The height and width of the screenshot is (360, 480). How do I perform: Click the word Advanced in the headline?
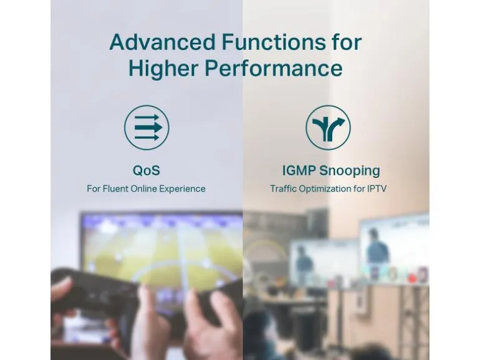click(x=162, y=42)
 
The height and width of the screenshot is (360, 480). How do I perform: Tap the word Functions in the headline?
click(x=274, y=42)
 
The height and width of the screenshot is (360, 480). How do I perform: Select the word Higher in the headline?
click(x=163, y=69)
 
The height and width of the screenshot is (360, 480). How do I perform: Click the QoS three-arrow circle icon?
click(x=146, y=128)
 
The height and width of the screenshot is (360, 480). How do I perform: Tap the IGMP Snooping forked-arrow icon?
click(x=328, y=128)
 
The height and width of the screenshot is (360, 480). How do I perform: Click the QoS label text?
click(x=146, y=171)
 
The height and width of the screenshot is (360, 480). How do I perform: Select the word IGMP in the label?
click(x=299, y=171)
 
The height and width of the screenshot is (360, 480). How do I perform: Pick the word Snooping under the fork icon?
click(x=349, y=171)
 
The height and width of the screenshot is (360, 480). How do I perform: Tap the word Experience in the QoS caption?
click(x=182, y=189)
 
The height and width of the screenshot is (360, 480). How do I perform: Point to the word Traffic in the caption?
click(x=283, y=189)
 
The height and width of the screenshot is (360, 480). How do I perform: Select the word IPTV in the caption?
click(x=377, y=189)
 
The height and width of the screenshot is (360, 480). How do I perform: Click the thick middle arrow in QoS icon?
click(x=148, y=127)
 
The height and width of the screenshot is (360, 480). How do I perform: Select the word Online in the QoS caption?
click(x=143, y=189)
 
